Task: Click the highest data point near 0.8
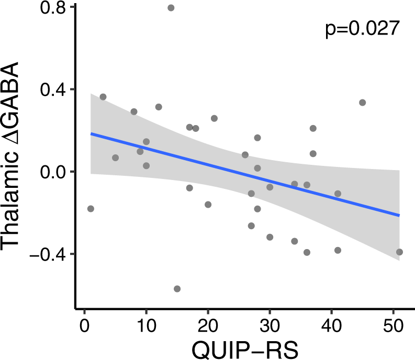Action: click(171, 8)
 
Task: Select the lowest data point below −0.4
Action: click(177, 289)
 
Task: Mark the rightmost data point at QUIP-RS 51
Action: click(399, 252)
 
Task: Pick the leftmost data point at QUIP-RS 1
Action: click(91, 209)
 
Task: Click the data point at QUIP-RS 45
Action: click(362, 103)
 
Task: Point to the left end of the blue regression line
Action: click(91, 133)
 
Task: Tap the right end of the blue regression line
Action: click(399, 215)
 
